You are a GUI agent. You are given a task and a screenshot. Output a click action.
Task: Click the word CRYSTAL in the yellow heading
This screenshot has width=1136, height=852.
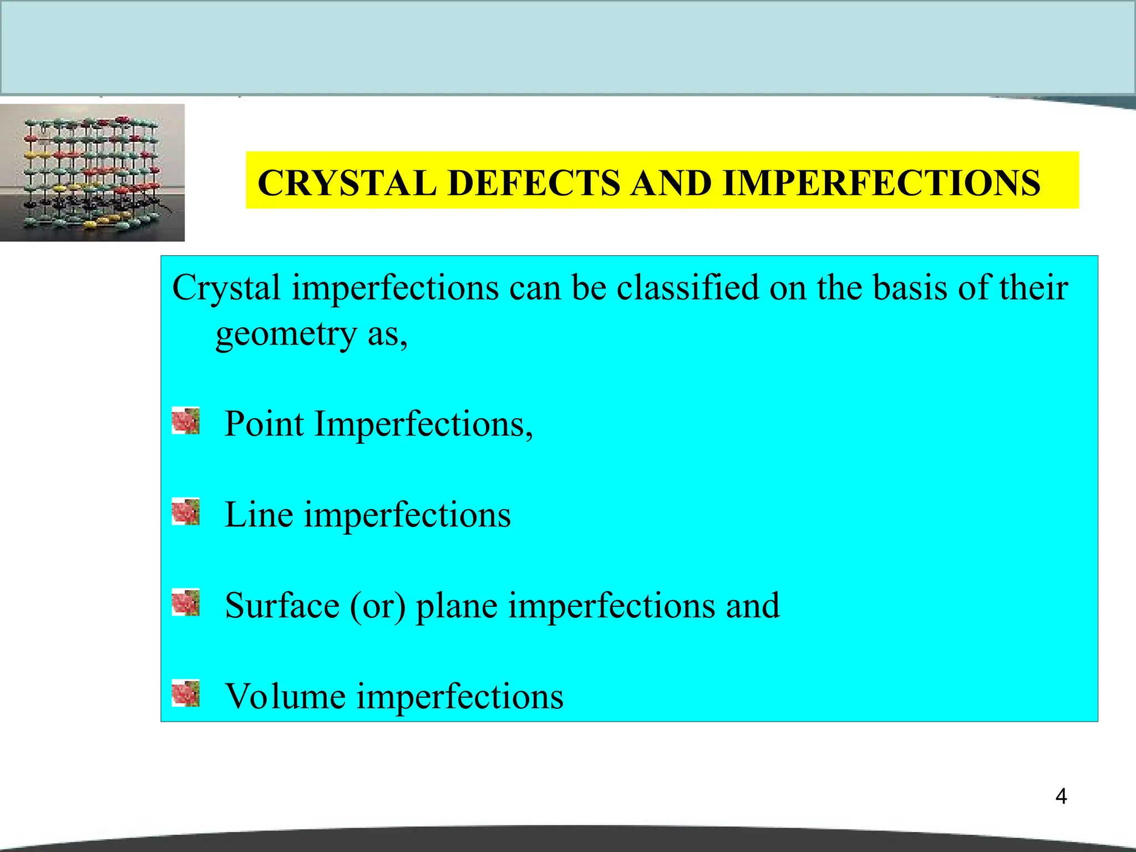tap(347, 183)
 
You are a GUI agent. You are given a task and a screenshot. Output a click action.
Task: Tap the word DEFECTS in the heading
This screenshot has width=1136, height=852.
tap(534, 183)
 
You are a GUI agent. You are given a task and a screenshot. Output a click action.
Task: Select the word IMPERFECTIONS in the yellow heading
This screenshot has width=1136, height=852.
tap(881, 183)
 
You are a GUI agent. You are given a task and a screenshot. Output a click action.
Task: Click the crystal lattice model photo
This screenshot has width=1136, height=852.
tap(92, 173)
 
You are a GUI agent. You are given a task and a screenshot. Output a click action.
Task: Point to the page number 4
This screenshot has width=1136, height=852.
tap(1061, 797)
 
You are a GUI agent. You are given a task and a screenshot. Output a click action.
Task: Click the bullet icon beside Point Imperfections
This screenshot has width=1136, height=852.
tap(185, 421)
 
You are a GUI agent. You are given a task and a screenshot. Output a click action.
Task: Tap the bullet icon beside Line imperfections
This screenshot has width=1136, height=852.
tap(185, 511)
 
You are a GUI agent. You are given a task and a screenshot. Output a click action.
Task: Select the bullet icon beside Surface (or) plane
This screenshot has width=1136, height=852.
tap(185, 602)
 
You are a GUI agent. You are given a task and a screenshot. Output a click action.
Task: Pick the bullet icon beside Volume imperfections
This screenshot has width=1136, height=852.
tap(185, 693)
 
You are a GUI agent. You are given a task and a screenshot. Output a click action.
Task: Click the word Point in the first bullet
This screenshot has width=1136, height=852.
tap(264, 424)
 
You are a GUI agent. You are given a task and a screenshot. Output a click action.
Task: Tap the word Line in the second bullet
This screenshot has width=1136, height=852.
tap(258, 515)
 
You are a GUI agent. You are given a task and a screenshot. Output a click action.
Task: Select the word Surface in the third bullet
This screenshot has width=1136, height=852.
tap(282, 606)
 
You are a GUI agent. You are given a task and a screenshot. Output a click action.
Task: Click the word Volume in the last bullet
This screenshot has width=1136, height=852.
tap(285, 696)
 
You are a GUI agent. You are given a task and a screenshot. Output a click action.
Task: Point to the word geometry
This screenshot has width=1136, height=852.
tap(286, 334)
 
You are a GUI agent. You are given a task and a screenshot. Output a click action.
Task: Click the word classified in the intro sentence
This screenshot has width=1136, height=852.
tap(687, 288)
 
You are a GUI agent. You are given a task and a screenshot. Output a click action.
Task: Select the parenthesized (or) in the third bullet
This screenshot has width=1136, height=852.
tap(378, 606)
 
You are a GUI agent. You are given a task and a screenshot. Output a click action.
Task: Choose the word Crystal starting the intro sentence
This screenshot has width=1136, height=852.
tap(226, 289)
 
